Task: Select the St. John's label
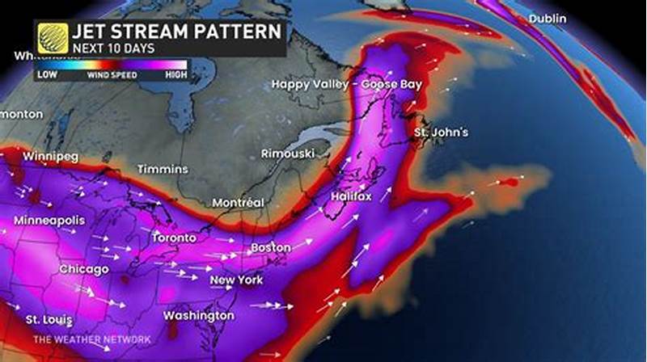point(441,132)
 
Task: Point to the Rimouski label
point(287,154)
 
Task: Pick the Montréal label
point(239,201)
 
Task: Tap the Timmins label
point(163,169)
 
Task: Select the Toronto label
point(174,238)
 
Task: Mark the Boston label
point(270,246)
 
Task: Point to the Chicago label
point(84,269)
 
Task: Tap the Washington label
point(198,315)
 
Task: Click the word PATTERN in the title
point(240,32)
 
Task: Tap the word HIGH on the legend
point(175,75)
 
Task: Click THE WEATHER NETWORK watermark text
point(82,339)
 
